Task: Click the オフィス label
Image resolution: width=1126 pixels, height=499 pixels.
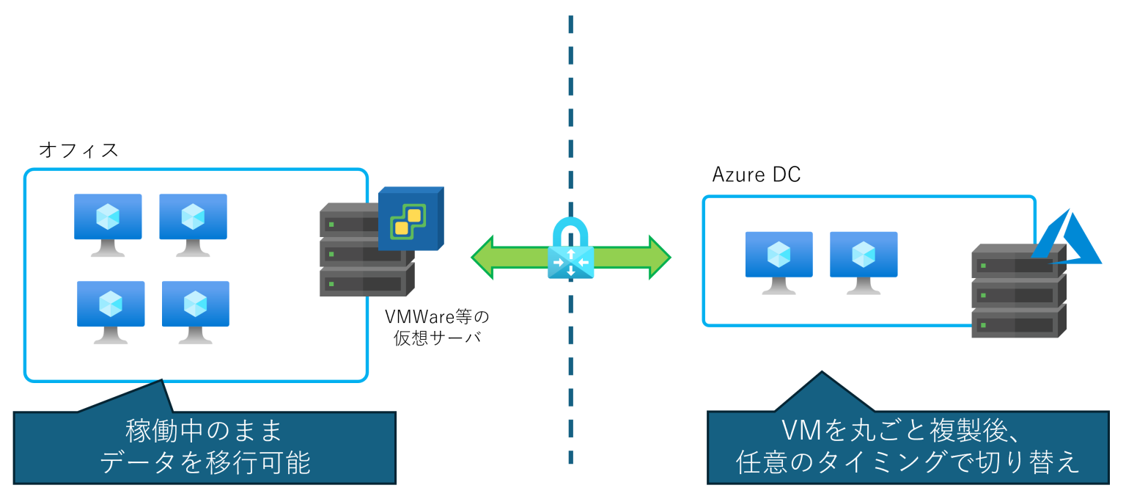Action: pyautogui.click(x=78, y=150)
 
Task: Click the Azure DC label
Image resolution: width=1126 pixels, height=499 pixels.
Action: pyautogui.click(x=756, y=175)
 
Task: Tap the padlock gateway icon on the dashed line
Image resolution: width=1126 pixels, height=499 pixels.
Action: pyautogui.click(x=570, y=250)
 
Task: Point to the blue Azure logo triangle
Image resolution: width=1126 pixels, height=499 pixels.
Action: pyautogui.click(x=1067, y=238)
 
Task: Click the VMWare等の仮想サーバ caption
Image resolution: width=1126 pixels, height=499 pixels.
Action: pyautogui.click(x=436, y=327)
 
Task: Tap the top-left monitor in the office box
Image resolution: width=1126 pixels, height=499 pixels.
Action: pyautogui.click(x=108, y=222)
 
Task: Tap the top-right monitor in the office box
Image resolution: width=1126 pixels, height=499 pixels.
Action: pyautogui.click(x=193, y=222)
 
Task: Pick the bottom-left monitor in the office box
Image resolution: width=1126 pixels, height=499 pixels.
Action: pyautogui.click(x=111, y=310)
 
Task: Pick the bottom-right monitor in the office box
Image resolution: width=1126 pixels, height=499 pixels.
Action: pyautogui.click(x=195, y=310)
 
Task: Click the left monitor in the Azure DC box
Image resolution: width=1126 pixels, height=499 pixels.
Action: pyautogui.click(x=779, y=261)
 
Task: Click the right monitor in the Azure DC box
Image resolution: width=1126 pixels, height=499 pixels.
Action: pyautogui.click(x=863, y=261)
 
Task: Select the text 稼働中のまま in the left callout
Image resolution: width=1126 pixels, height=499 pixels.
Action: pyautogui.click(x=204, y=431)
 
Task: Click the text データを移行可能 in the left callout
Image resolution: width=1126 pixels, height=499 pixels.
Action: pyautogui.click(x=204, y=462)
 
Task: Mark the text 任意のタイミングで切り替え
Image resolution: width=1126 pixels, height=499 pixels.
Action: pyautogui.click(x=908, y=462)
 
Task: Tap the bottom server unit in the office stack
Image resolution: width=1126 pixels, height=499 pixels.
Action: pyautogui.click(x=365, y=282)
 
